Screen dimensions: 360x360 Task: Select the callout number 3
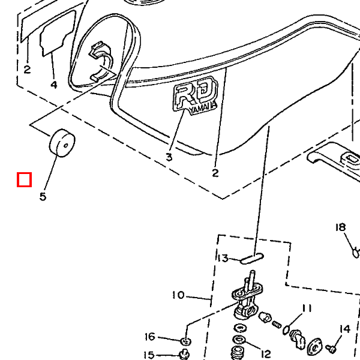point(169,157)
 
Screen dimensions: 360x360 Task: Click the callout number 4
point(54,85)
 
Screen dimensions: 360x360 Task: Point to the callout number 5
point(43,196)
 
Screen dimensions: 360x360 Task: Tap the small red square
point(24,179)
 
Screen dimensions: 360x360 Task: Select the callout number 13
point(223,259)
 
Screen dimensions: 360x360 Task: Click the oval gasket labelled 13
point(251,259)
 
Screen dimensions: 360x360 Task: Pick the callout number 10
point(178,295)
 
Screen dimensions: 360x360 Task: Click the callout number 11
point(307,308)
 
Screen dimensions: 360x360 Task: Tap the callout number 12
point(266,353)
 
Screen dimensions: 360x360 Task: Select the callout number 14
point(344,329)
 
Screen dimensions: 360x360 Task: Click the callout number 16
point(150,337)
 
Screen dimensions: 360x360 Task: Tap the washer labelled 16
point(184,341)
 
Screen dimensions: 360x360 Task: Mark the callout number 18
point(341,227)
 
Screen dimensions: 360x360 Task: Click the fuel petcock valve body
point(247,304)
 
